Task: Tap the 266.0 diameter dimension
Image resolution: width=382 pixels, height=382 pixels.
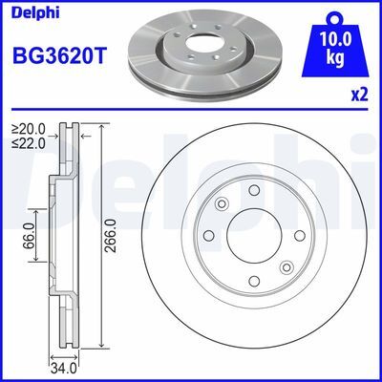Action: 112,234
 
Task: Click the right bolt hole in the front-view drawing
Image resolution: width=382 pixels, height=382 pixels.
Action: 298,235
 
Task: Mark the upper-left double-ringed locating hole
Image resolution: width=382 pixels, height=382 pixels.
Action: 222,202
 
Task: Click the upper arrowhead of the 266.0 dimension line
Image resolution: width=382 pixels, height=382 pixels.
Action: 97,127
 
